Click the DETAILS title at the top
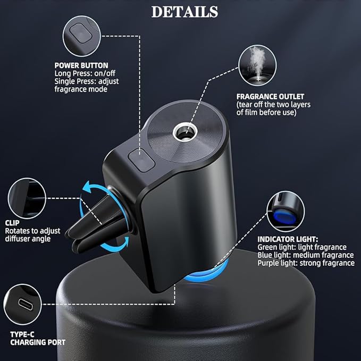point(184,12)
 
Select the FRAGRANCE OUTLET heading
point(270,97)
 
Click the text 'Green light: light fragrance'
point(302,247)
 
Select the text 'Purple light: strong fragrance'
point(306,263)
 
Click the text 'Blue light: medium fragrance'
point(304,255)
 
